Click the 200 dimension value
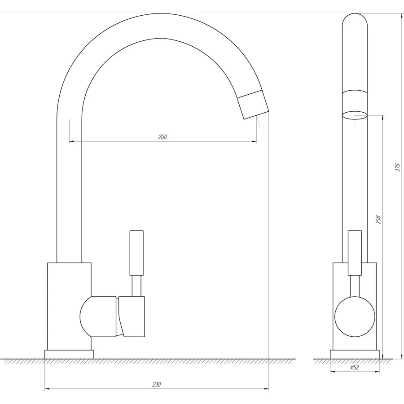click(162, 137)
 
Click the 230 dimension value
click(156, 384)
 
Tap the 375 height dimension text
click(398, 167)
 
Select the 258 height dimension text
click(378, 219)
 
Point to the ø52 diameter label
click(355, 367)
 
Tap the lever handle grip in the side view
click(136, 253)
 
